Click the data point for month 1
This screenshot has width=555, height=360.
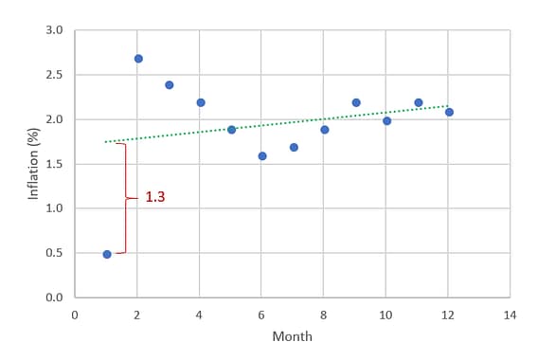(x=107, y=254)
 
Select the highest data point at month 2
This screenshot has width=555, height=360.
(x=138, y=59)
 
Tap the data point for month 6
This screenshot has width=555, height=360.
(x=262, y=155)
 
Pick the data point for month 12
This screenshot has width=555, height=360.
(x=449, y=112)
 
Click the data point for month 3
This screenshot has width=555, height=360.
(x=170, y=85)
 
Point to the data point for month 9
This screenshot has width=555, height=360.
(x=356, y=102)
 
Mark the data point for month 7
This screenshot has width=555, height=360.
(x=294, y=147)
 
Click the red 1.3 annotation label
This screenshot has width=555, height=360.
(x=155, y=198)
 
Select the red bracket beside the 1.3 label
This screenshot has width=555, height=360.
(x=125, y=198)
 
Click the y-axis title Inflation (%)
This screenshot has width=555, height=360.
(x=33, y=163)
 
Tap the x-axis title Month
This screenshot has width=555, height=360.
(x=292, y=336)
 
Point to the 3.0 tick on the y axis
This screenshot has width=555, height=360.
(x=54, y=30)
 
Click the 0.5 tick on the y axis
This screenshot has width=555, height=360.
(x=54, y=253)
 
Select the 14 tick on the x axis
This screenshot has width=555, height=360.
(x=510, y=314)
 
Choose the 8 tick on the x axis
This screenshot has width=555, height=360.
(x=324, y=314)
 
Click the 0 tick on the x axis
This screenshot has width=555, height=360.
(x=75, y=314)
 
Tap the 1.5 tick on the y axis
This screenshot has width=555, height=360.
(x=54, y=164)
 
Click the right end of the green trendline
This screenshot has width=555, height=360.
(x=448, y=106)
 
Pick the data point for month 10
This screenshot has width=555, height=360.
(x=386, y=120)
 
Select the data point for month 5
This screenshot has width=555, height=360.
(x=231, y=129)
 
